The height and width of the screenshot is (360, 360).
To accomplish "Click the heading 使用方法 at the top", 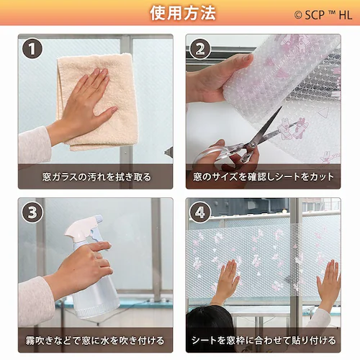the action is pos(183,13).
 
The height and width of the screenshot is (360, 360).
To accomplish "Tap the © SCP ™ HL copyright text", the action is pos(323,15).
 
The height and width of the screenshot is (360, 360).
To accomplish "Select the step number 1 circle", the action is pos(32,48).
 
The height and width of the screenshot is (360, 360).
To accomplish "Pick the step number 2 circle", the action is pos(200,49).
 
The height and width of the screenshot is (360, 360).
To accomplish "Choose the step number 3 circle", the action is pos(32,212).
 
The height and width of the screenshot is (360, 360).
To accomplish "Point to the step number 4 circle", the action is pos(200,212).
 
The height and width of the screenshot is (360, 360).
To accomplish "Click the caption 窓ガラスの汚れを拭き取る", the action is pos(96,177).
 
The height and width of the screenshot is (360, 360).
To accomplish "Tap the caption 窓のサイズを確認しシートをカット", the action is pos(264,177).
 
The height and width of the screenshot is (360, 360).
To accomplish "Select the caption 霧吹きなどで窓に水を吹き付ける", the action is pos(95,341).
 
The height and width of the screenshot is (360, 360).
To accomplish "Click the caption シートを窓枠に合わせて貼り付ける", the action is pos(264,341).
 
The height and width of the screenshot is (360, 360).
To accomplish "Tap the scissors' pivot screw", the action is pos(252,145).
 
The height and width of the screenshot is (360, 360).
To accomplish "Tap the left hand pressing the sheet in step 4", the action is pos(226,281).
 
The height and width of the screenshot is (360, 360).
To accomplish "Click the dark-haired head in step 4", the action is pos(208,329).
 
